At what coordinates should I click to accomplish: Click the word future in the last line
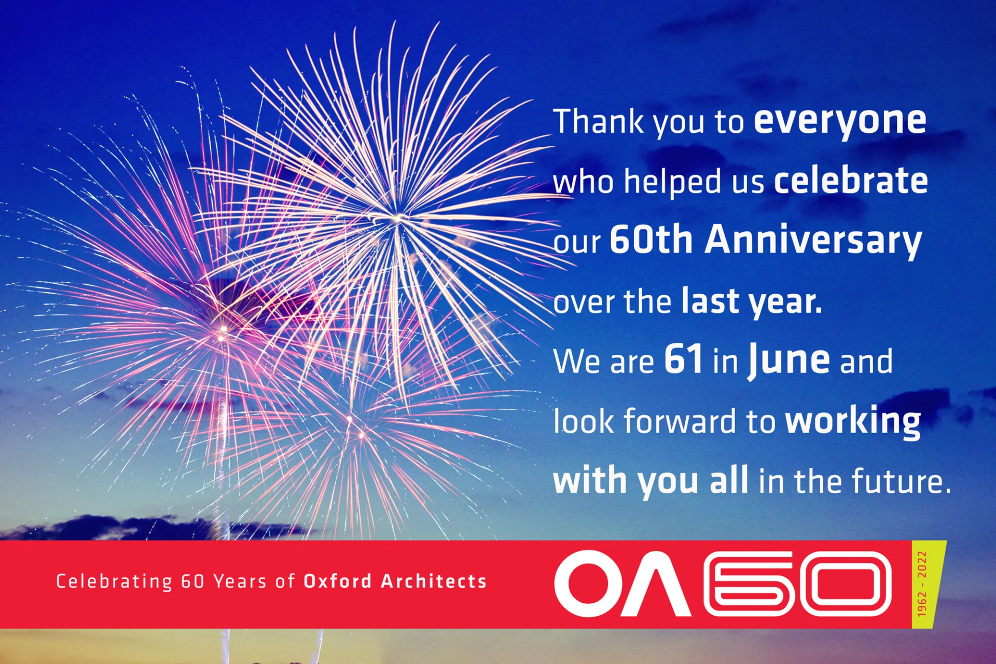(x=901, y=481)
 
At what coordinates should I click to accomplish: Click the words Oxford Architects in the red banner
(x=395, y=582)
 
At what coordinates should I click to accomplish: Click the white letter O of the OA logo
(x=589, y=584)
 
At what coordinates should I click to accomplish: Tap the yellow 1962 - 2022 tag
(x=928, y=584)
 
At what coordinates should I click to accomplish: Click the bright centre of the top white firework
(x=397, y=218)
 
